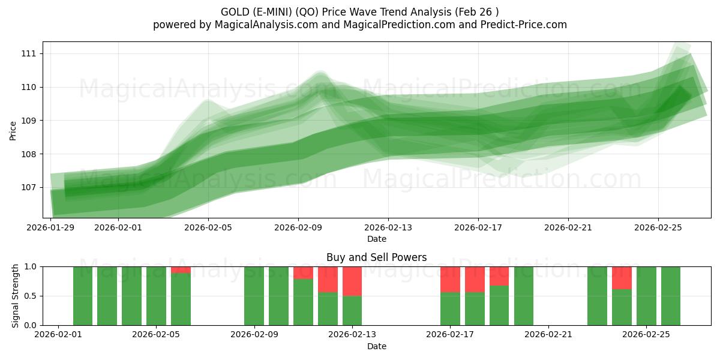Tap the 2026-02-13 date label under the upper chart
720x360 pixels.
pos(388,227)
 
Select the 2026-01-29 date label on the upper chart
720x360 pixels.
pos(51,227)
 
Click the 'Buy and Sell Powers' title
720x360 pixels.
pos(376,257)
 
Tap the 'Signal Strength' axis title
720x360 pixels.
pos(16,295)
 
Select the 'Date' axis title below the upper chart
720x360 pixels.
pos(376,239)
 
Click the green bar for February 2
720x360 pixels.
pos(83,296)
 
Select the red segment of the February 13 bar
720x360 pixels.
pos(352,281)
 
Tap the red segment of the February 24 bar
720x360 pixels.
pos(622,278)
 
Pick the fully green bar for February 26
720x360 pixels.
pos(671,296)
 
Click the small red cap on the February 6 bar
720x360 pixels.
pos(181,270)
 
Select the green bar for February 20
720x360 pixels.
pos(524,296)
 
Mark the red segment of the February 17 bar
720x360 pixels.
pos(450,279)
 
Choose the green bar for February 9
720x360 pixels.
pos(254,296)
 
